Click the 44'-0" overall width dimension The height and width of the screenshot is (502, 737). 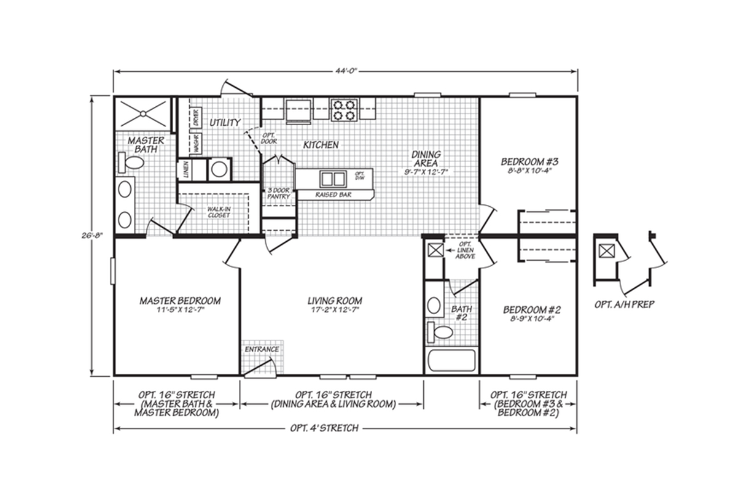[x=346, y=71]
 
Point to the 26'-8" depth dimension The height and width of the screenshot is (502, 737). [x=93, y=236]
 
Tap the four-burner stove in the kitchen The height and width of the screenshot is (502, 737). [x=344, y=110]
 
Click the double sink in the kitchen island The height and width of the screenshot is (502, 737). [x=332, y=179]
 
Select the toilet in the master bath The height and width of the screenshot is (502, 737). [x=131, y=163]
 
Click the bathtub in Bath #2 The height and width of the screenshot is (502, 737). [x=451, y=361]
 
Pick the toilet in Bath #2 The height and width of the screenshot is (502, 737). [x=440, y=333]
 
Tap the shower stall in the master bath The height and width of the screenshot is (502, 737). [x=143, y=114]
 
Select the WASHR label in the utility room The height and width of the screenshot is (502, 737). [x=197, y=144]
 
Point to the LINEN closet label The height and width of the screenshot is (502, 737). [x=186, y=169]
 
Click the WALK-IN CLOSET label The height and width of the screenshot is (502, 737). [x=219, y=212]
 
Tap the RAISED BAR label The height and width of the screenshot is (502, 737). [x=333, y=195]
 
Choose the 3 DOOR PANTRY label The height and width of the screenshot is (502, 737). [x=278, y=193]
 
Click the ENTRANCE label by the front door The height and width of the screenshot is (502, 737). [x=262, y=349]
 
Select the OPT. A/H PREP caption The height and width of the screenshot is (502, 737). [x=624, y=304]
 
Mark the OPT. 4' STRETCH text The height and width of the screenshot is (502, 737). [x=324, y=428]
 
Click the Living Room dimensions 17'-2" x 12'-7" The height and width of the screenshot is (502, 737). [x=335, y=310]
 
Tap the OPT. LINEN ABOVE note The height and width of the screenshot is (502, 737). [x=466, y=250]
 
